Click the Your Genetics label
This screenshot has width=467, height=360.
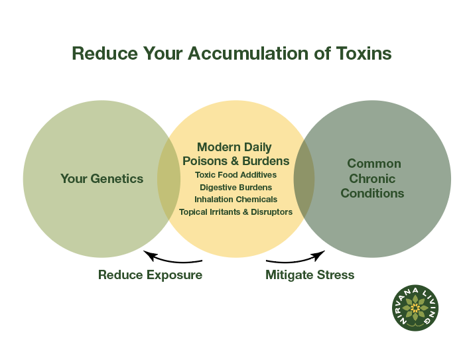[x=101, y=178]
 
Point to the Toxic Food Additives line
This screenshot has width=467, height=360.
[x=235, y=175]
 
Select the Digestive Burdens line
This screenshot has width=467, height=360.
[x=235, y=187]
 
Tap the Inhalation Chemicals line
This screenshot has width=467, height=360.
[x=235, y=199]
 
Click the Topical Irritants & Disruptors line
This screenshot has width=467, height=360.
[x=235, y=211]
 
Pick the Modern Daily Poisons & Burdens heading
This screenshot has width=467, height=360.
[x=235, y=154]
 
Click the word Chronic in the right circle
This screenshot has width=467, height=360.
[x=372, y=178]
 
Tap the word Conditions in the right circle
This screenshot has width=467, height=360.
[x=372, y=194]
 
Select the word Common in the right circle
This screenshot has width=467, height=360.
[x=374, y=163]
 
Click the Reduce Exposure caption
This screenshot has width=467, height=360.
[x=150, y=274]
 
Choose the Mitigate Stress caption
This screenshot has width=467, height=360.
[x=310, y=274]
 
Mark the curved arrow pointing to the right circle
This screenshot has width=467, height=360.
[x=296, y=259]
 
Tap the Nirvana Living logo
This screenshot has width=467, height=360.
[x=415, y=308]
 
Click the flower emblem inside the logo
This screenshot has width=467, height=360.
[x=415, y=308]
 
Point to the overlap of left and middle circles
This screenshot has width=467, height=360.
[x=168, y=179]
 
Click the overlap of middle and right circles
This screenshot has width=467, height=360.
[x=304, y=179]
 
